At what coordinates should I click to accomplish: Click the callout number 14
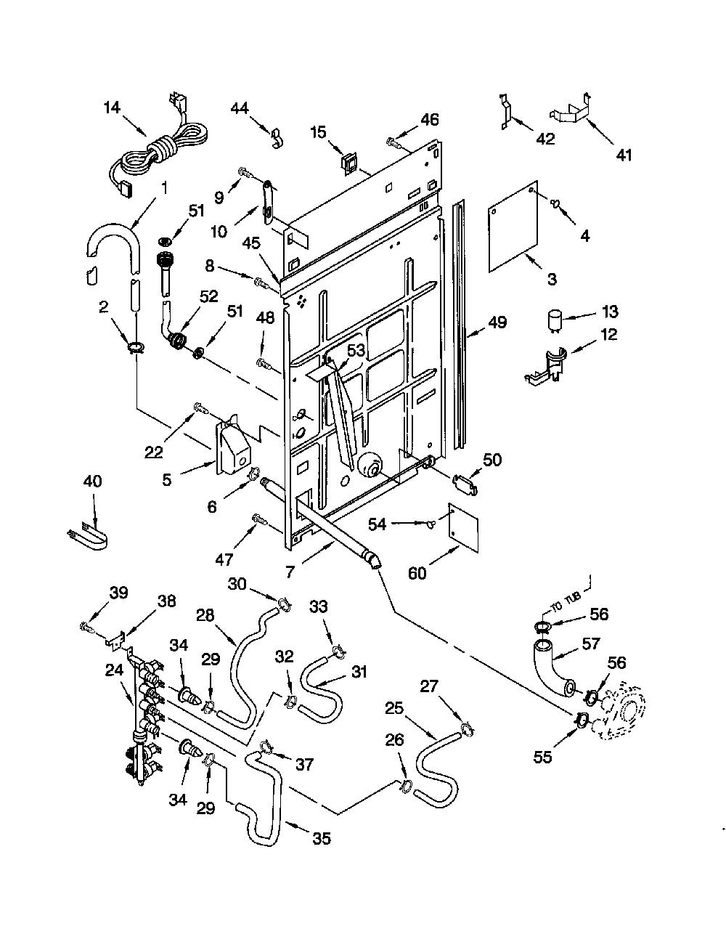[112, 107]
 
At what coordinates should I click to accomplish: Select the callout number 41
[624, 155]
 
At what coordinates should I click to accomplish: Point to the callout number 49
[497, 322]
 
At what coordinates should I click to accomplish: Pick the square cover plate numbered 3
[513, 227]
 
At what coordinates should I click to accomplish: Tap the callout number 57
[591, 643]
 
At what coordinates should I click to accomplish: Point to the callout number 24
[115, 671]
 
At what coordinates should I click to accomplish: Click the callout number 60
[417, 574]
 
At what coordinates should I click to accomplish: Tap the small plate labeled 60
[463, 527]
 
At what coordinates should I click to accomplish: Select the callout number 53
[356, 350]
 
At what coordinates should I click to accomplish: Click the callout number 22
[154, 452]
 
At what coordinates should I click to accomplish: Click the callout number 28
[205, 615]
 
